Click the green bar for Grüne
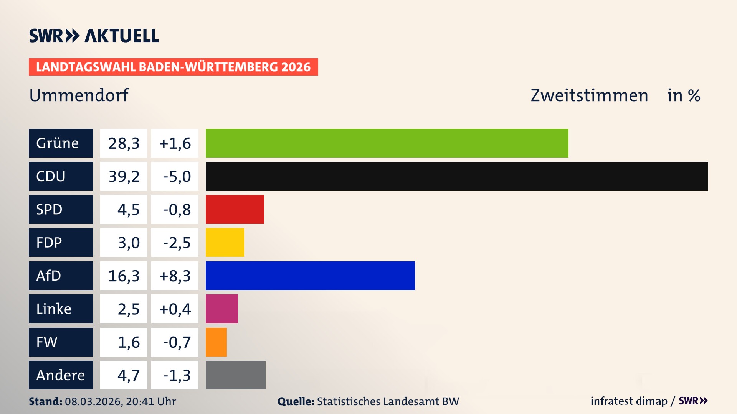click(x=387, y=143)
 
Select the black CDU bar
click(x=457, y=176)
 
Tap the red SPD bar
click(x=235, y=209)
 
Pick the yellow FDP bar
click(x=225, y=242)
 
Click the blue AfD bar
click(x=310, y=276)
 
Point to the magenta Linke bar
click(x=221, y=309)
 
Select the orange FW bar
click(x=216, y=342)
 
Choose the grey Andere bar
click(x=235, y=375)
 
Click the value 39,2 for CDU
click(x=124, y=176)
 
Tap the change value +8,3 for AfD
click(x=175, y=276)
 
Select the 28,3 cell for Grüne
click(x=124, y=143)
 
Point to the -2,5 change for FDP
click(x=175, y=243)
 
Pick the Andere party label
click(x=61, y=375)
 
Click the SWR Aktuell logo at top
click(x=94, y=36)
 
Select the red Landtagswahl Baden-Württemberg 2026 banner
click(x=173, y=67)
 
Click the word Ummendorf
click(x=79, y=95)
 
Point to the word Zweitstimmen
click(x=589, y=95)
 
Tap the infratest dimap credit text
click(x=629, y=401)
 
